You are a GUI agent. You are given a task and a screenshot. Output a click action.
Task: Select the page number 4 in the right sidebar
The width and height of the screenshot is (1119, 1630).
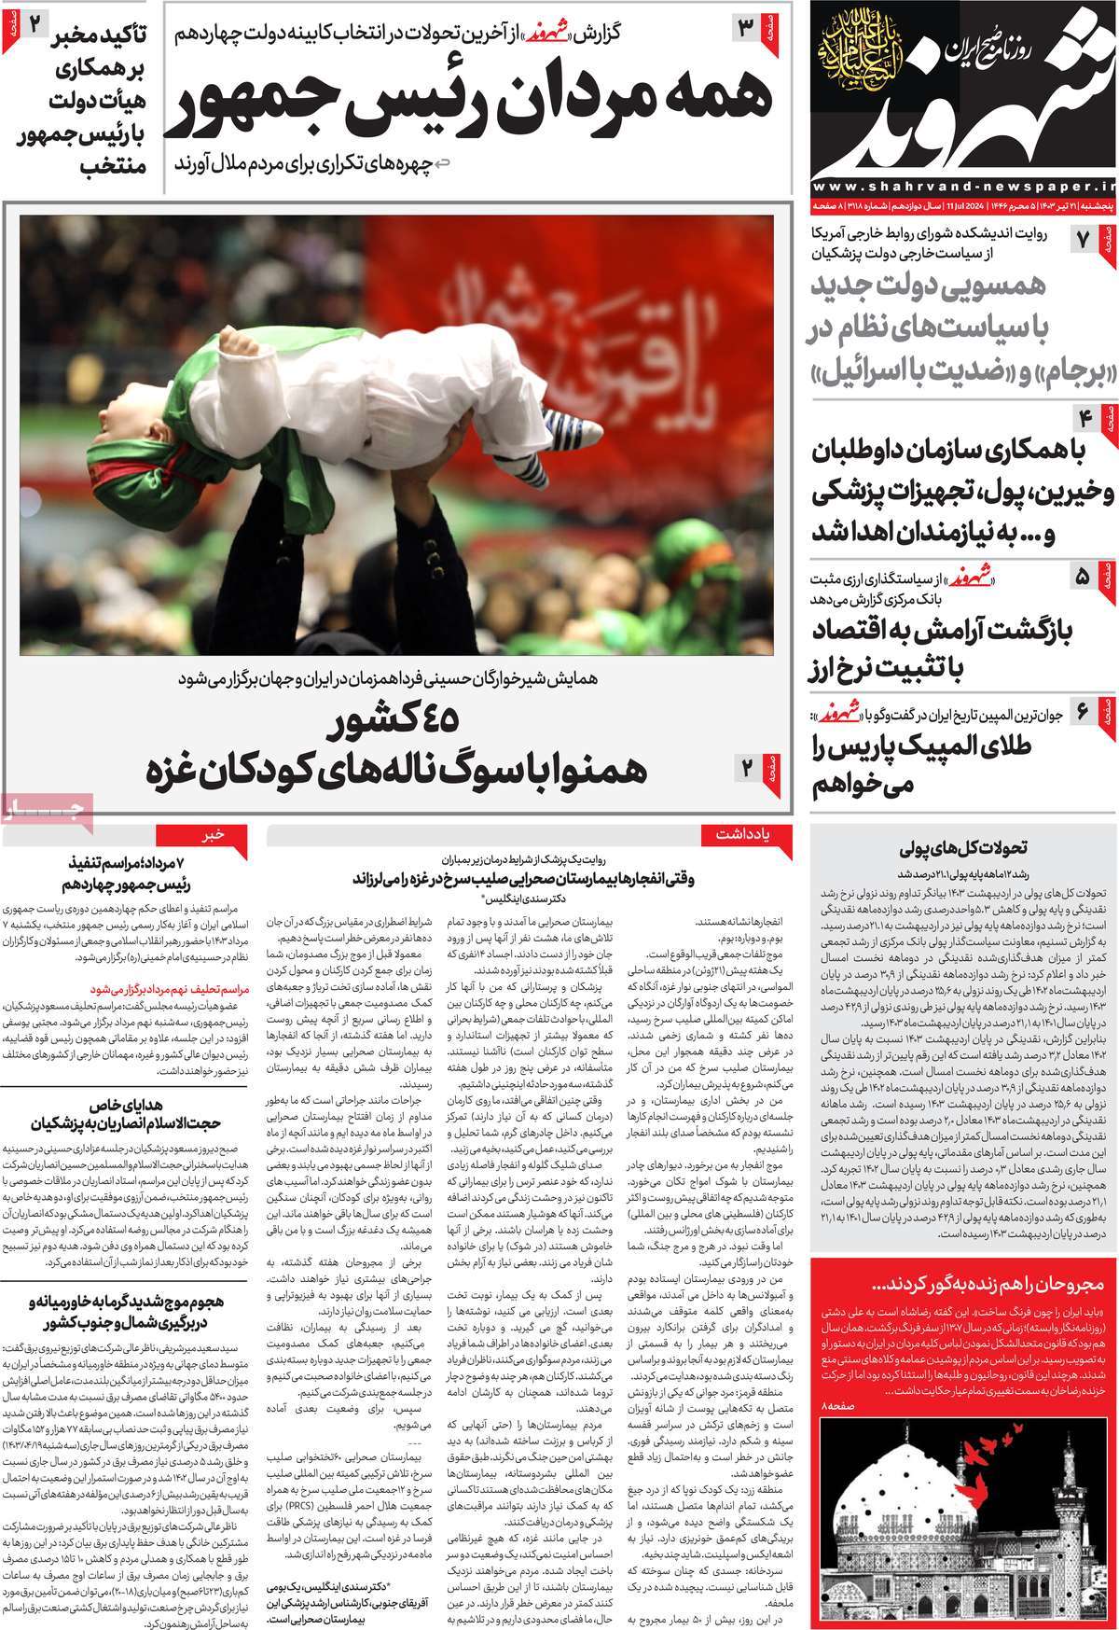1085,417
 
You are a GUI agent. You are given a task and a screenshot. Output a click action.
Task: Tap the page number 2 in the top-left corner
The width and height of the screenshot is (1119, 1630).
32,23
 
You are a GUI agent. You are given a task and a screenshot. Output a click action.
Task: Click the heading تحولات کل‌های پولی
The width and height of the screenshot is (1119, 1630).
964,849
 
